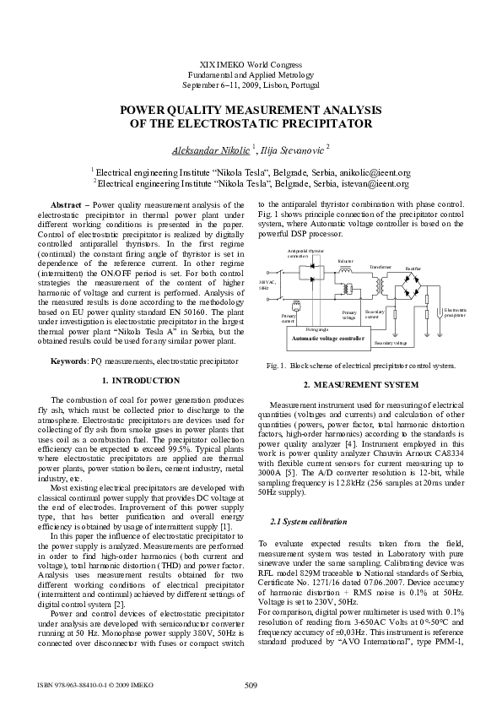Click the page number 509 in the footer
click(250, 684)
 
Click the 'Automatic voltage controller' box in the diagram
click(328, 361)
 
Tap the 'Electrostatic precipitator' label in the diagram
click(454, 336)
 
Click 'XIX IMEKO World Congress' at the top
click(250, 65)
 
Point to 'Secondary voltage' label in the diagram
click(390, 366)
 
